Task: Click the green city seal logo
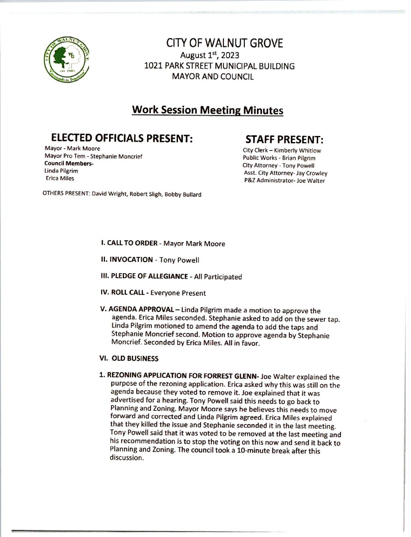(x=67, y=60)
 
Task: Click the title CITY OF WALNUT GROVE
(x=224, y=43)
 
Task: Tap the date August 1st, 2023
(x=209, y=55)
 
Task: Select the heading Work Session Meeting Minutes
(x=208, y=110)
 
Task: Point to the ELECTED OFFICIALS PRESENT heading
(x=122, y=138)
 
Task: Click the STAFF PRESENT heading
(x=284, y=139)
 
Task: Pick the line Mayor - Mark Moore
(x=72, y=148)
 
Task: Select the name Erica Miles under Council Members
(x=60, y=178)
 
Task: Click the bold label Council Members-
(x=69, y=163)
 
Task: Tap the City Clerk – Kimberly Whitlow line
(x=282, y=150)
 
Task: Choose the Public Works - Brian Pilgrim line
(x=279, y=158)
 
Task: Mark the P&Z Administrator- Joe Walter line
(x=284, y=181)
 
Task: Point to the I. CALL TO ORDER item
(x=129, y=243)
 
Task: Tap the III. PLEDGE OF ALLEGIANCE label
(x=144, y=276)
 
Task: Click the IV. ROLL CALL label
(x=123, y=293)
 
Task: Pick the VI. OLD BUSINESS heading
(x=129, y=358)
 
